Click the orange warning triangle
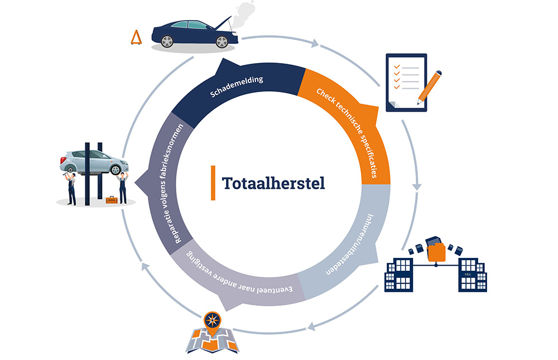135,38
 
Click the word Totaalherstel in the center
273,183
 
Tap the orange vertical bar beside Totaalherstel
213,183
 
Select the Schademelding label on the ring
237,87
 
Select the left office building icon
400,274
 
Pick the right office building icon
473,274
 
